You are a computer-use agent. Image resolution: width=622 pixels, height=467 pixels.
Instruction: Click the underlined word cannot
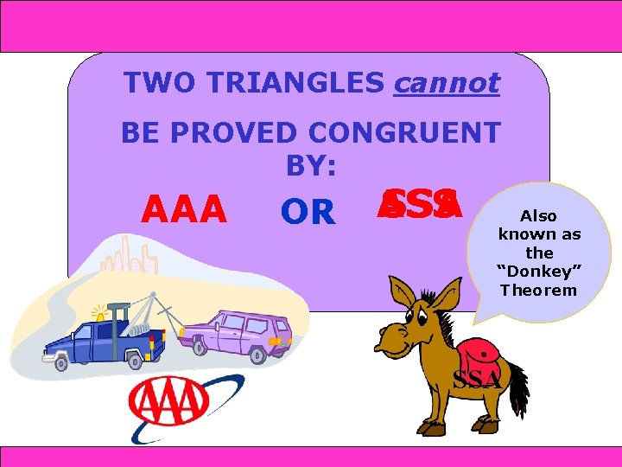446,83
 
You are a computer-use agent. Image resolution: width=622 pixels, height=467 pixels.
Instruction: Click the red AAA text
184,209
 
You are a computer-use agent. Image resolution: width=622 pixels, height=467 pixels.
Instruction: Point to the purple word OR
308,213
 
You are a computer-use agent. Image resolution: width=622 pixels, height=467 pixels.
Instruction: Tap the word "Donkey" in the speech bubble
539,272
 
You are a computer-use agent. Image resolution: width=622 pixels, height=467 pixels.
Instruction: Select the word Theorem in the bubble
539,290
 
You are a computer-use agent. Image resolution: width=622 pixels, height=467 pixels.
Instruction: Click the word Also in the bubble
539,215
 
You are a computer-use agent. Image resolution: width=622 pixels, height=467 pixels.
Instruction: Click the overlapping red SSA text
420,206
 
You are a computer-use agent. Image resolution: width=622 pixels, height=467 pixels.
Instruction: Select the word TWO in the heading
153,83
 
